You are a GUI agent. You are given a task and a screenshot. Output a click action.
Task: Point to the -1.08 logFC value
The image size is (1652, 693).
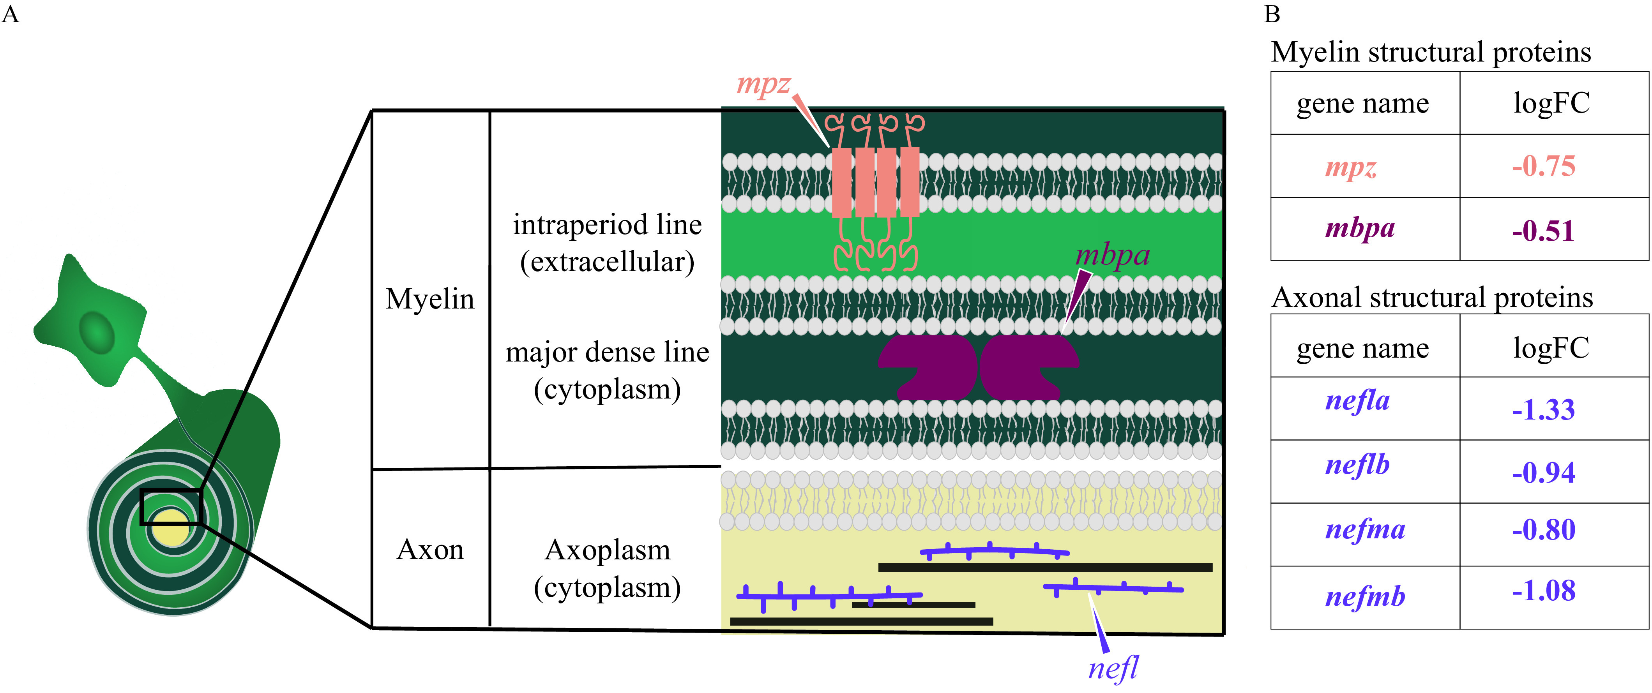pos(1543,591)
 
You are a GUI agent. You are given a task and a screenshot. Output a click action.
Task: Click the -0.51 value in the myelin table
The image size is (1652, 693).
pos(1543,231)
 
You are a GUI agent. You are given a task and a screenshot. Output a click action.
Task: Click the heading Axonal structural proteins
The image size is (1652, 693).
pos(1432,298)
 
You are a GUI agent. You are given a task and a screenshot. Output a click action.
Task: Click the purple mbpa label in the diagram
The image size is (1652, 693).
pos(1112,256)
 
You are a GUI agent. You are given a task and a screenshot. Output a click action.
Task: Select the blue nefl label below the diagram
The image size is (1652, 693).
pos(1113,668)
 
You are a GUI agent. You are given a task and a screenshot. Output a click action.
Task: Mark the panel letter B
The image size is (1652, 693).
pos(1272,14)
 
